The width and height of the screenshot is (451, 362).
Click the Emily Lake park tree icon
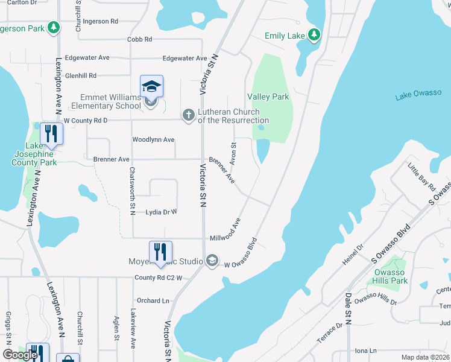pos(314,36)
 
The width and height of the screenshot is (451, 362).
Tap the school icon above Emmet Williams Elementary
pos(151,86)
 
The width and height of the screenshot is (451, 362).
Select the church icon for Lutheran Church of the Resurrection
pos(189,115)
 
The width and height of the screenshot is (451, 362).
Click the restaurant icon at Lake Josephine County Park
pos(51,134)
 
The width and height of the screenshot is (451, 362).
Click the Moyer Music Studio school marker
pos(212,261)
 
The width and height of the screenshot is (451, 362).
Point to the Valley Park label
pos(268,97)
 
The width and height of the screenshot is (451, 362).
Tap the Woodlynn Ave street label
pos(153,140)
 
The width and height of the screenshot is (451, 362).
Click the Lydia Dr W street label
pos(161,212)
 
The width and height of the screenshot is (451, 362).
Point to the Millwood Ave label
pos(232,229)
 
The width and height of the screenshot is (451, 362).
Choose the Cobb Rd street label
pos(140,39)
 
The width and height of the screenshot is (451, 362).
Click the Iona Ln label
pos(365,351)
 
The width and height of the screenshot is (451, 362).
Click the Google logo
pos(20,355)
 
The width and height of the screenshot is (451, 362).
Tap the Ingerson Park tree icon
pos(54,28)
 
